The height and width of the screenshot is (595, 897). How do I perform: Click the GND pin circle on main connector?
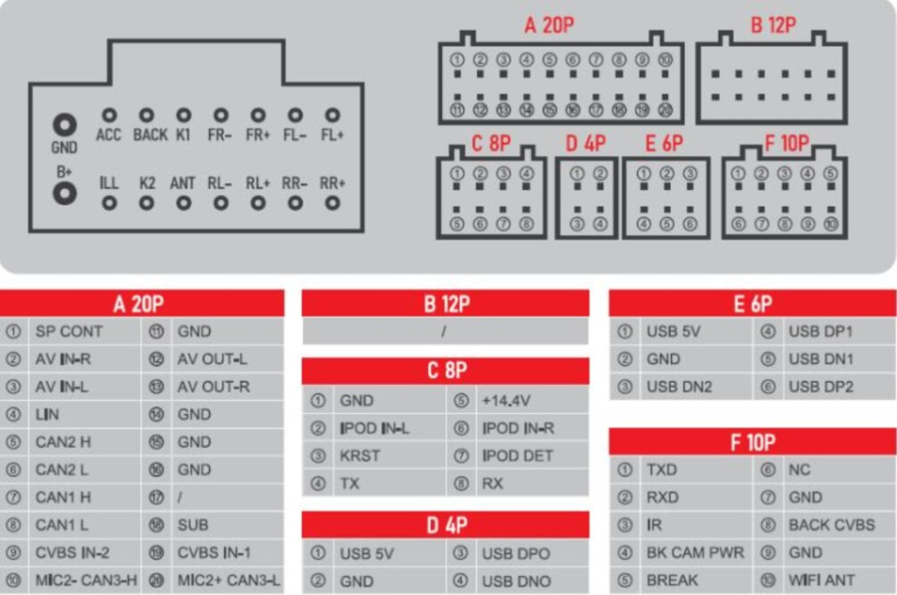click(64, 125)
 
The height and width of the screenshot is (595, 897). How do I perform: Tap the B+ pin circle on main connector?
click(64, 192)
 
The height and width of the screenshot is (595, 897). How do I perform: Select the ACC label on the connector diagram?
click(109, 136)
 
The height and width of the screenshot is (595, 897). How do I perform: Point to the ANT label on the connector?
click(183, 183)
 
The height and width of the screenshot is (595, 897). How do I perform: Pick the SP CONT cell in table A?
click(69, 331)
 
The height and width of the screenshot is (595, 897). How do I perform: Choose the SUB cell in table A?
click(193, 525)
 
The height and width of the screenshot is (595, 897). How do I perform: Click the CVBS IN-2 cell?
click(73, 553)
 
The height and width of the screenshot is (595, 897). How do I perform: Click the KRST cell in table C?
click(360, 456)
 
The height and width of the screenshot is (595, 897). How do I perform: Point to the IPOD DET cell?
click(518, 456)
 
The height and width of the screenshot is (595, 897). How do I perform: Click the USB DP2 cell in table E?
click(821, 387)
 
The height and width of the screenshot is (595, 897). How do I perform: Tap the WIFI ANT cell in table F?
click(822, 580)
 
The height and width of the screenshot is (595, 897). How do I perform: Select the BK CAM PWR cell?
click(695, 553)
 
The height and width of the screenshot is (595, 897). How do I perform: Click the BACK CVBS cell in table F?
click(832, 525)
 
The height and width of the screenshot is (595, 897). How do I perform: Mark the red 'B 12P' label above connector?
click(772, 25)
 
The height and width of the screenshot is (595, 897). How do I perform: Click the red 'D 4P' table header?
click(446, 525)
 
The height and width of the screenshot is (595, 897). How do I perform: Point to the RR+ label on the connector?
click(333, 183)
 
